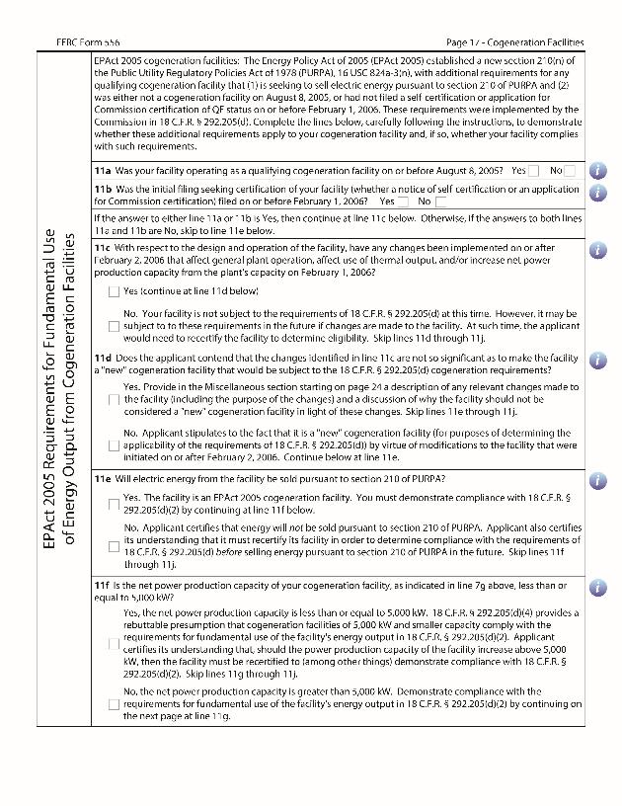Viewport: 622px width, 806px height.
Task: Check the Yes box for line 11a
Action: pyautogui.click(x=534, y=171)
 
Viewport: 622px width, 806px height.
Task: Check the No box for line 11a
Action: pyautogui.click(x=571, y=171)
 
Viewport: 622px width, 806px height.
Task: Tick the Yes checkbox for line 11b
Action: pyautogui.click(x=404, y=201)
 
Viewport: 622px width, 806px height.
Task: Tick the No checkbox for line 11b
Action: pyautogui.click(x=440, y=201)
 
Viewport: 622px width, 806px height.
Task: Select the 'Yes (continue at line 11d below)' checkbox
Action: pyautogui.click(x=115, y=291)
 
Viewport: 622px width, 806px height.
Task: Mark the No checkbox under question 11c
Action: pyautogui.click(x=115, y=326)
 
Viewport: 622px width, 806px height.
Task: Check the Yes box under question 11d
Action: pyautogui.click(x=115, y=399)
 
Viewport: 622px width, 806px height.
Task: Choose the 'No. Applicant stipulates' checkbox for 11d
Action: pyautogui.click(x=115, y=445)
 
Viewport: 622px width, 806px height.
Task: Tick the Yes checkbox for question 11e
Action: pyautogui.click(x=115, y=504)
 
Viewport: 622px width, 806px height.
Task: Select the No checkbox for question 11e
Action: pyautogui.click(x=115, y=546)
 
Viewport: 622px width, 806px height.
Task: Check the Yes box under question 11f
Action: pyautogui.click(x=115, y=643)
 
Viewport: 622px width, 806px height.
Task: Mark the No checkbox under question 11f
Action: pyautogui.click(x=115, y=704)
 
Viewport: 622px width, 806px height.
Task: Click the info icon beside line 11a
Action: pyautogui.click(x=597, y=171)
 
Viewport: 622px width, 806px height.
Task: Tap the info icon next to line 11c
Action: pyautogui.click(x=597, y=250)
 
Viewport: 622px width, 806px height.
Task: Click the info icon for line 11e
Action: pyautogui.click(x=597, y=479)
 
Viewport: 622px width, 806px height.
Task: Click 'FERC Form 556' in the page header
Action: pyautogui.click(x=91, y=42)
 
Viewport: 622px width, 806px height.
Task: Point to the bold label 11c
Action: pyautogui.click(x=103, y=248)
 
